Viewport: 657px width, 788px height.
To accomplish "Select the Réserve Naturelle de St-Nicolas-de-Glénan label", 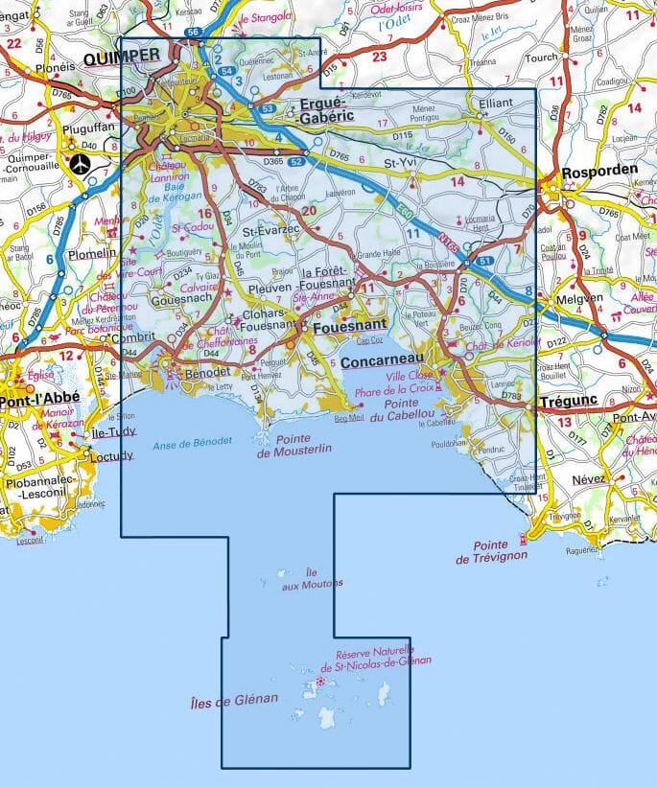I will (x=376, y=656).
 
